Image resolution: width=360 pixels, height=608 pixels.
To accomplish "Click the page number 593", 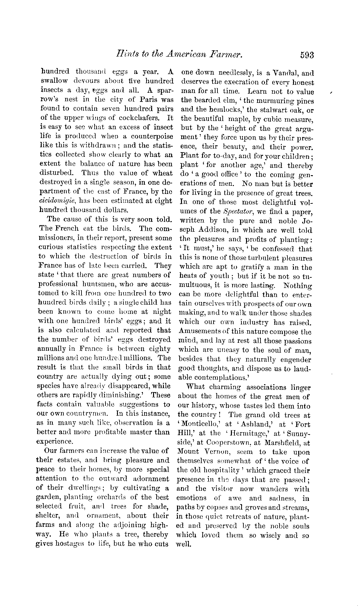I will pyautogui.click(x=307, y=55).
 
